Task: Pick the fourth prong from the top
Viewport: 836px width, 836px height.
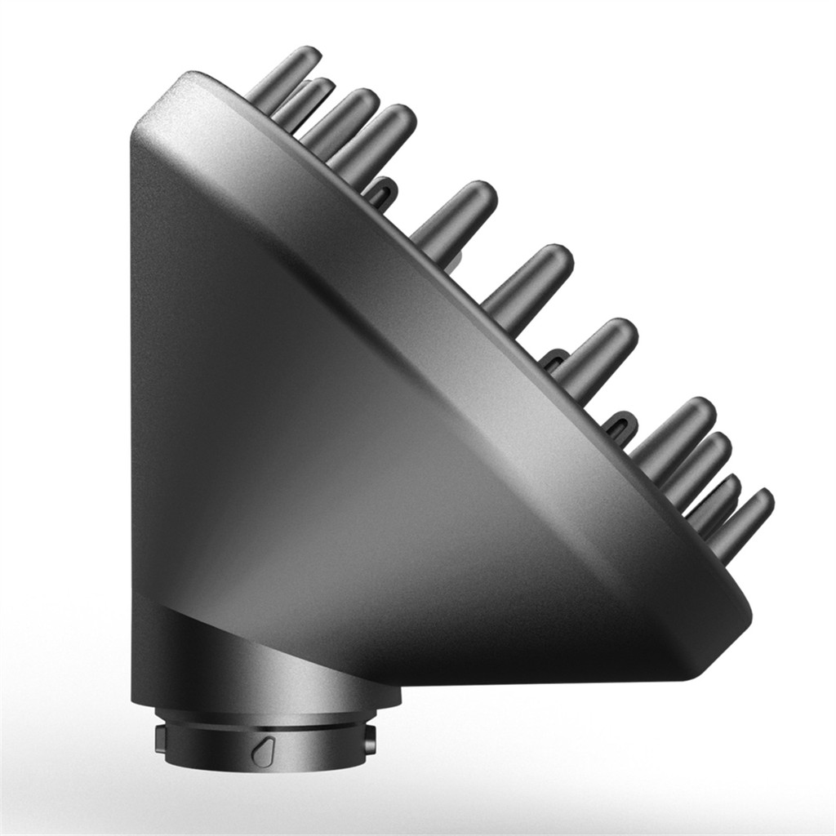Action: tap(380, 135)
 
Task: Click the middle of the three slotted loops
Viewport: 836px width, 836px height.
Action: tap(555, 359)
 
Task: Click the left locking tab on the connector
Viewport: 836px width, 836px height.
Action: tap(160, 740)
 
